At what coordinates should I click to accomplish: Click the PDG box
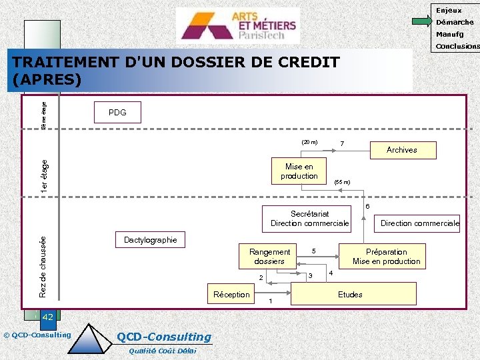coord(117,113)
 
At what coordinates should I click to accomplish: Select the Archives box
coord(402,150)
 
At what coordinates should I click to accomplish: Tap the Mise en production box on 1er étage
coord(299,171)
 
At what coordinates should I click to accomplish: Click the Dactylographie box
coord(151,240)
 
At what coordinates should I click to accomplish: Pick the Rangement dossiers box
coord(269,256)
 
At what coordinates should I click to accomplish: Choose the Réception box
coord(231,295)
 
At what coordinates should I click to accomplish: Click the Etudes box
coord(350,294)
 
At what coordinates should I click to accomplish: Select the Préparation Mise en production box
coord(386,256)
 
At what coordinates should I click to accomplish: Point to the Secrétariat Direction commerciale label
coord(310,219)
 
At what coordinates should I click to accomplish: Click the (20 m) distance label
coord(309,142)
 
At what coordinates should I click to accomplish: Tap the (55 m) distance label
coord(343,182)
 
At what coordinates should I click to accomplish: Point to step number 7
coord(342,144)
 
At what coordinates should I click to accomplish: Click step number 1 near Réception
coord(271,301)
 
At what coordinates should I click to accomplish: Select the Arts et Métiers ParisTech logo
coord(237,25)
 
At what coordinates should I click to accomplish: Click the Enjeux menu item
coord(449,10)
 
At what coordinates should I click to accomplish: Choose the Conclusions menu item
coord(457,47)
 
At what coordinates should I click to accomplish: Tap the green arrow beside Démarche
coord(421,22)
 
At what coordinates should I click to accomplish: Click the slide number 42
coord(47,317)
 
